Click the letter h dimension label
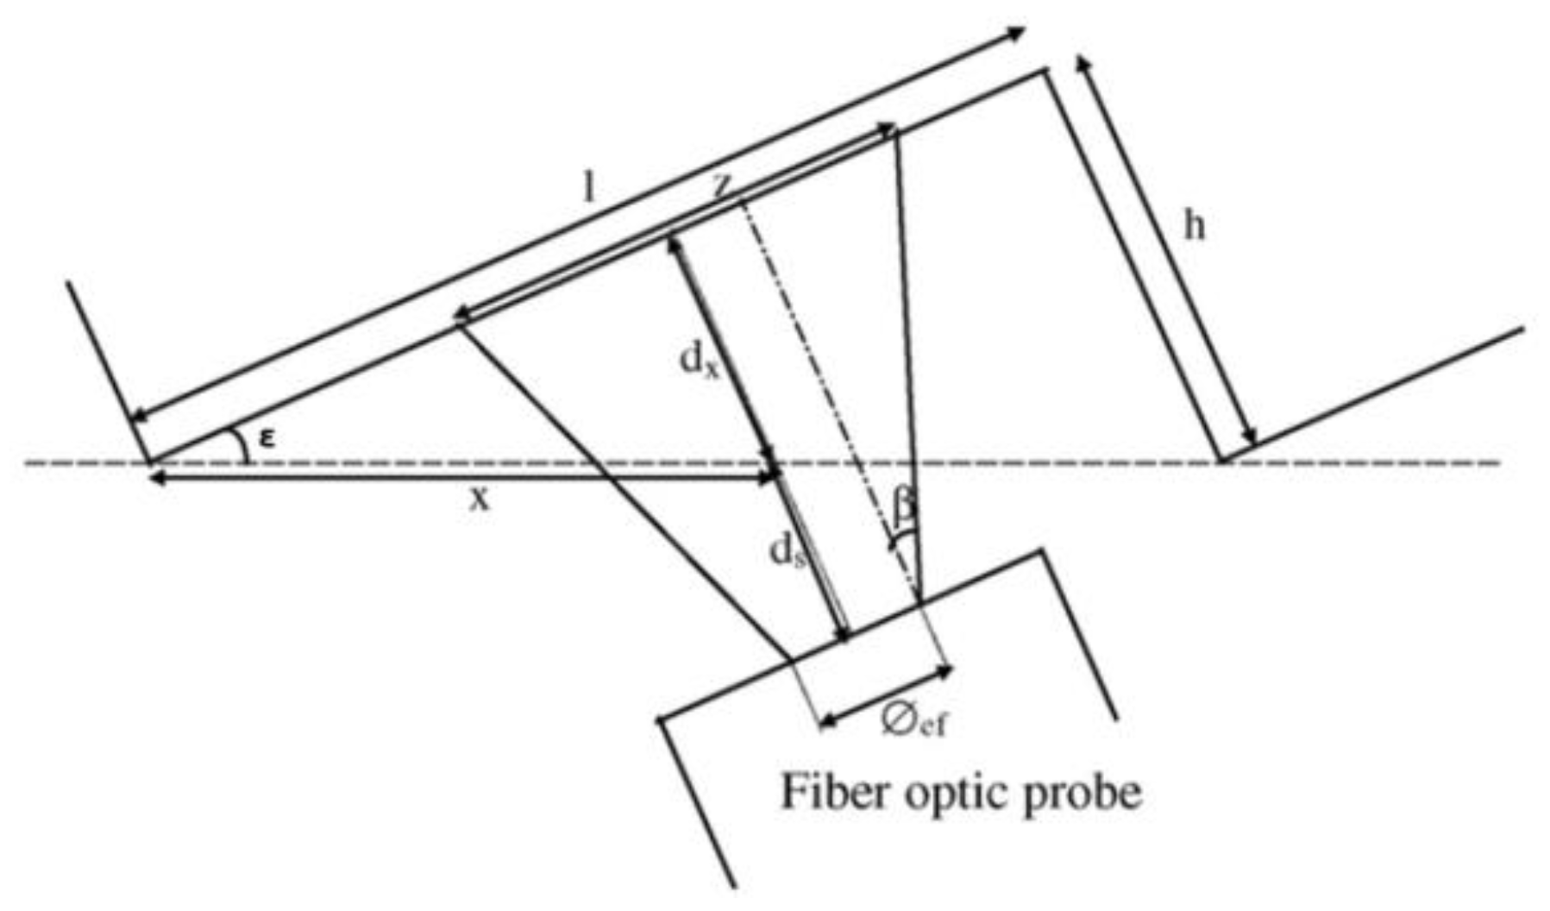(1193, 226)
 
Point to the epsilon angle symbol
(268, 439)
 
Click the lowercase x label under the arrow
(479, 499)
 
